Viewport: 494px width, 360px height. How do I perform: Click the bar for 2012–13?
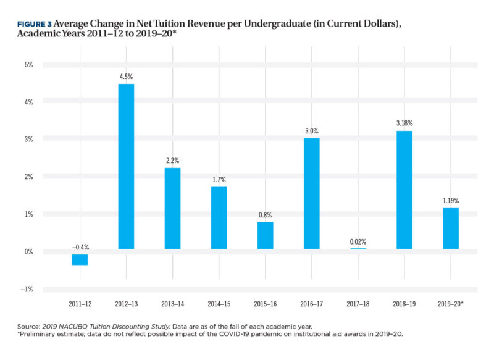click(126, 167)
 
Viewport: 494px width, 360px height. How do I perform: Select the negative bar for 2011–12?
click(80, 259)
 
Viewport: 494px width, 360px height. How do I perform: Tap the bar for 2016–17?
click(312, 193)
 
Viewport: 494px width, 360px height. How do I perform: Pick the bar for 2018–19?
click(404, 190)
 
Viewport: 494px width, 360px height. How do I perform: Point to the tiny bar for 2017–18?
click(358, 249)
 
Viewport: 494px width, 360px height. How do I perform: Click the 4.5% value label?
click(126, 77)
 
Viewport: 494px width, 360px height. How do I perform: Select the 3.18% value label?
click(404, 123)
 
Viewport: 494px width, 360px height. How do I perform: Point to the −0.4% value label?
click(80, 246)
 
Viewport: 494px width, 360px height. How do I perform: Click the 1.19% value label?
click(451, 201)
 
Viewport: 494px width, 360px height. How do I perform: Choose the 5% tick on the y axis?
click(29, 64)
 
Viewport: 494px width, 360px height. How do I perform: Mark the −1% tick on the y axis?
click(28, 289)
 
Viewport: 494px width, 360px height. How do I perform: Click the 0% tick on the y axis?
click(29, 251)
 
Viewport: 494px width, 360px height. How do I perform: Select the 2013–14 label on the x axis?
click(173, 304)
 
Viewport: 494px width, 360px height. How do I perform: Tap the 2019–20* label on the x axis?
click(451, 304)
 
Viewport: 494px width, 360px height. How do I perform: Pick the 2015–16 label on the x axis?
click(266, 304)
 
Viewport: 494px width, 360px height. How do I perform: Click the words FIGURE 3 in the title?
click(34, 23)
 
